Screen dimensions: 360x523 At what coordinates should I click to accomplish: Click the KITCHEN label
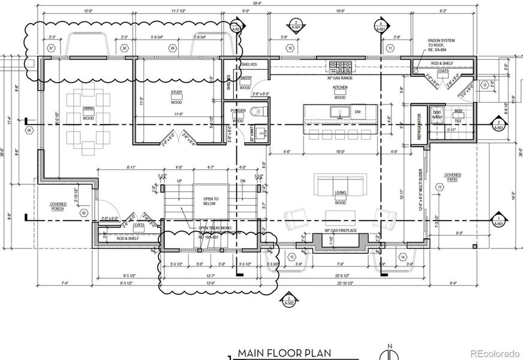tap(340, 88)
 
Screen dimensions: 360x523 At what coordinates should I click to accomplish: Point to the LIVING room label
tap(340, 194)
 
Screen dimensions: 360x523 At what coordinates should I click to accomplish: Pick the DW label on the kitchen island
tap(357, 112)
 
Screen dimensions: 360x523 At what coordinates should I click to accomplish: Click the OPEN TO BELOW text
tap(211, 201)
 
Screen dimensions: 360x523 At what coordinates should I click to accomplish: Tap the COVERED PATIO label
tap(452, 177)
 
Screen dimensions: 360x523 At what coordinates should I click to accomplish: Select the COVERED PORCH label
tap(58, 206)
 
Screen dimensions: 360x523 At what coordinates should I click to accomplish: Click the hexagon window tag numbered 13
tap(440, 188)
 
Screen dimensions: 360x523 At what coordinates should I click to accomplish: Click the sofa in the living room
tap(339, 183)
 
